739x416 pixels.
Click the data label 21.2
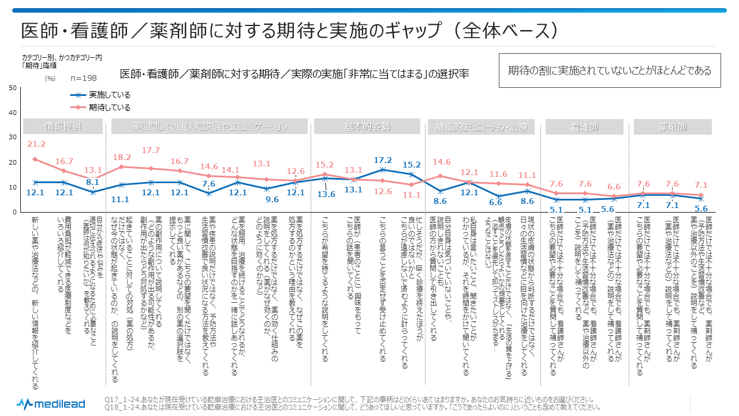point(35,144)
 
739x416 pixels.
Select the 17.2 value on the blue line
point(383,159)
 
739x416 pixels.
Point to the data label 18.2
point(121,157)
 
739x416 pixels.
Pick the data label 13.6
point(326,194)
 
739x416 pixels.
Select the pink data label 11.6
point(497,173)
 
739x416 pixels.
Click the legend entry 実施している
point(109,95)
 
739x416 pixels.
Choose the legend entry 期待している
point(109,107)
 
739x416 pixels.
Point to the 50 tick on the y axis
point(12,88)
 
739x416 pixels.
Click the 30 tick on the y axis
point(12,138)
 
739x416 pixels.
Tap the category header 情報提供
point(63,127)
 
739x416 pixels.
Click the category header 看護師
point(584,127)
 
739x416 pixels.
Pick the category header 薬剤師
point(673,127)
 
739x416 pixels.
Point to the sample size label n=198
point(84,78)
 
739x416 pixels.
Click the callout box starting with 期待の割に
point(609,70)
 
